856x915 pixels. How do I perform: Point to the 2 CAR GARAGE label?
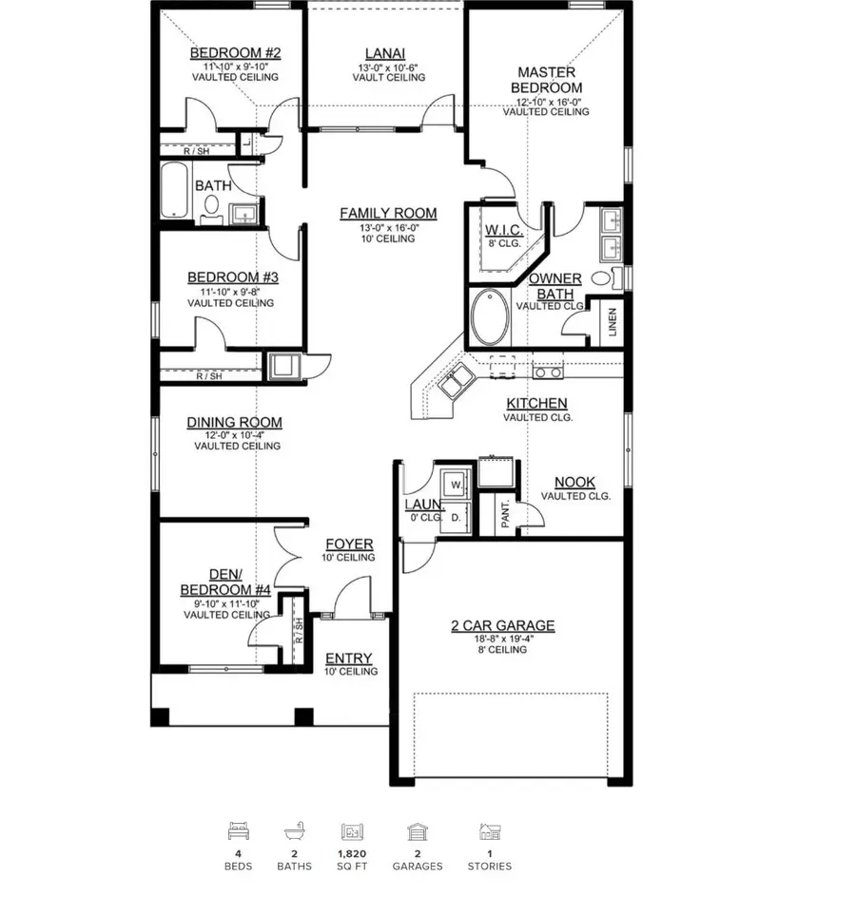point(502,625)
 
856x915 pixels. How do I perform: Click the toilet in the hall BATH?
point(211,209)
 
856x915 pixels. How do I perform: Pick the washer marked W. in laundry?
point(455,483)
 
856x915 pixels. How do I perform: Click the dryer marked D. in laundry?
point(455,517)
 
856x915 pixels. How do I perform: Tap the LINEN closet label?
point(613,323)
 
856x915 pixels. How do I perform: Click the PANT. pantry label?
point(506,516)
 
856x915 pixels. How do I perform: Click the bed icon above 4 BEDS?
point(238,832)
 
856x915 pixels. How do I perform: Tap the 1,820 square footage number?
point(352,853)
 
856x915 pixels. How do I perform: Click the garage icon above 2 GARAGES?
point(416,832)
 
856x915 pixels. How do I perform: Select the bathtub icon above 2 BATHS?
point(294,832)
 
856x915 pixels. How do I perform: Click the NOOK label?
point(574,483)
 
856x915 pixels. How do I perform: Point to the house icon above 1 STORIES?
point(489,832)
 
